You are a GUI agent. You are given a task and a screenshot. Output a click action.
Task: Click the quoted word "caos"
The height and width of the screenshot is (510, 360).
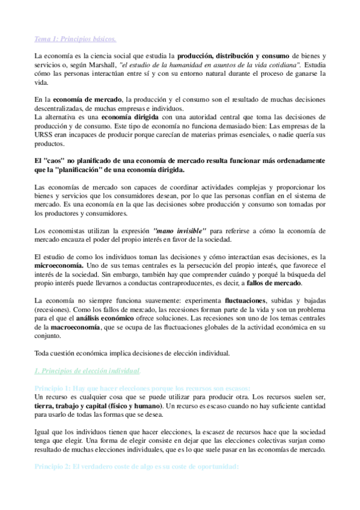pyautogui.click(x=55, y=161)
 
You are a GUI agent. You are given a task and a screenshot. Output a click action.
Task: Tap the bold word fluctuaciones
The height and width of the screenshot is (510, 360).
pyautogui.click(x=249, y=300)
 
